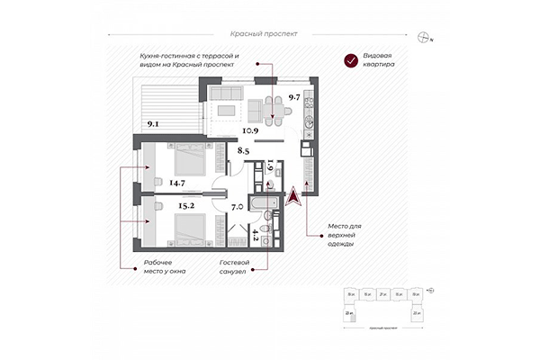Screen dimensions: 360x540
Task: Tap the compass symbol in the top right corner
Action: pyautogui.click(x=425, y=37)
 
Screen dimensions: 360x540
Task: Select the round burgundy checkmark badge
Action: pyautogui.click(x=350, y=61)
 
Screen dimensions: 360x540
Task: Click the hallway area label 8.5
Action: pyautogui.click(x=243, y=151)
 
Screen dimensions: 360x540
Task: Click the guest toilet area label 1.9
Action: pyautogui.click(x=269, y=167)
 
